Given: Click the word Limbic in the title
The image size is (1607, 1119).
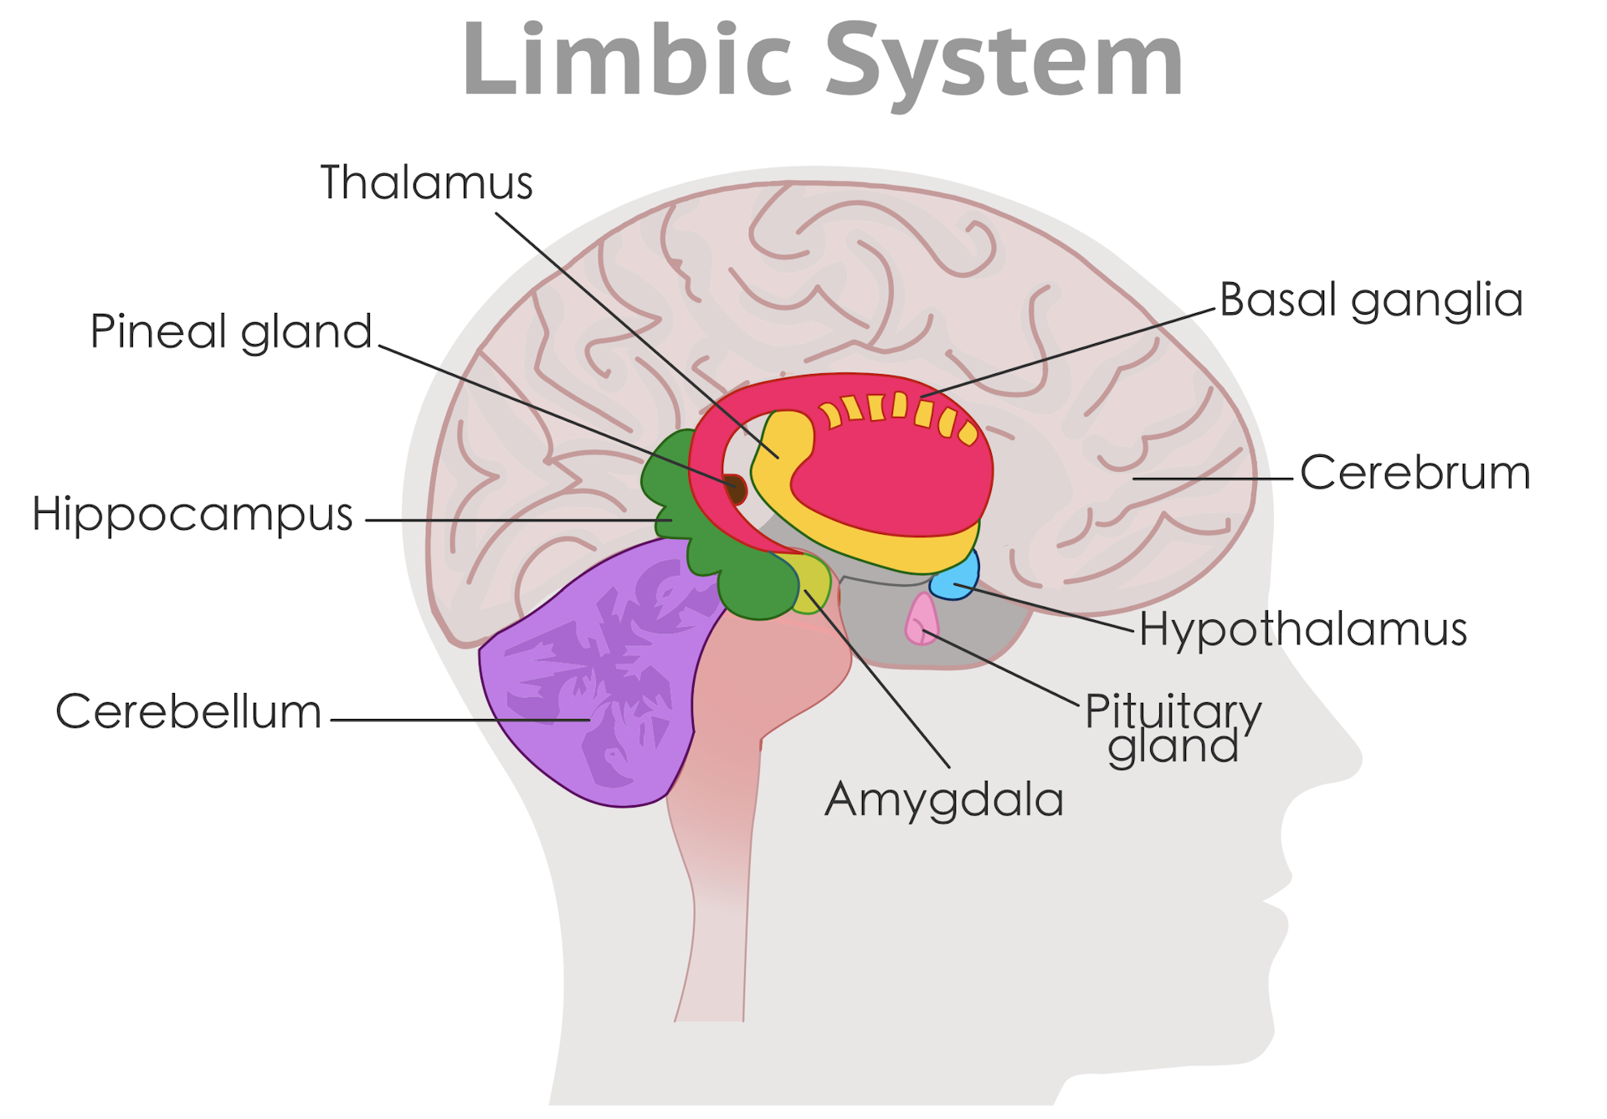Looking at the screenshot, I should tap(626, 60).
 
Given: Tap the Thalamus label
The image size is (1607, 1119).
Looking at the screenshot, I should tap(426, 182).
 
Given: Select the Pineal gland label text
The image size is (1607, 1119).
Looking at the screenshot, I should tap(231, 331).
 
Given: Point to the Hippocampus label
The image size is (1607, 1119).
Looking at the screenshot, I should tap(193, 514).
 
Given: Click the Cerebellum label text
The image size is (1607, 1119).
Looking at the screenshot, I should tap(188, 712).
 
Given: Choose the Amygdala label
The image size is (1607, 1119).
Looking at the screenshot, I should tap(944, 800).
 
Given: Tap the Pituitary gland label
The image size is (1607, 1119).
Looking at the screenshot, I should tap(1173, 729).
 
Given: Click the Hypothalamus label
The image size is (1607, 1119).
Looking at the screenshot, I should tap(1302, 629).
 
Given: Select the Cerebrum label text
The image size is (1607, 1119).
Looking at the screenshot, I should tap(1414, 473).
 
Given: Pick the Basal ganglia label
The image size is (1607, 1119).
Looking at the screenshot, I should tap(1371, 300).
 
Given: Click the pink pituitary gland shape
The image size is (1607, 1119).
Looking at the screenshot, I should tap(921, 619).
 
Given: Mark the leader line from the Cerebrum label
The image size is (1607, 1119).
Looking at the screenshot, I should tap(1214, 479).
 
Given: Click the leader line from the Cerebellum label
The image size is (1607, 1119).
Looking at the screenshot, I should tap(460, 719).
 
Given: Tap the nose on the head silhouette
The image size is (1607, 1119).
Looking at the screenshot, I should tap(1339, 753).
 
